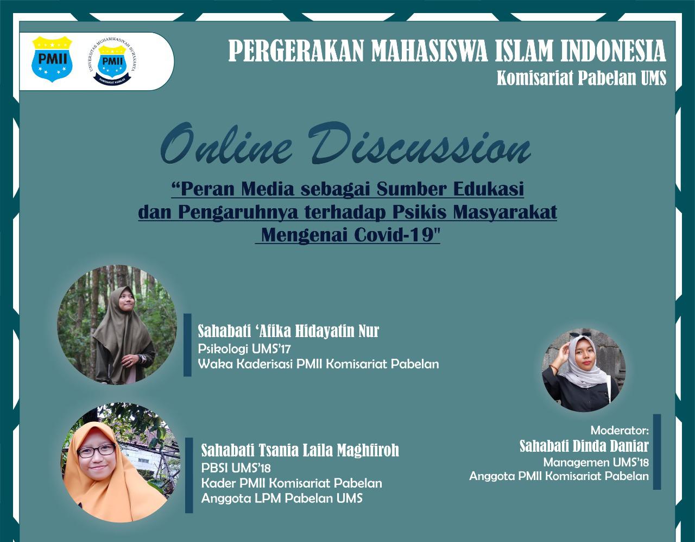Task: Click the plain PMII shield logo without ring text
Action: point(52,59)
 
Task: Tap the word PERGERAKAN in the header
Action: point(296,51)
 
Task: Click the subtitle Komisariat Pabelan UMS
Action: point(582,78)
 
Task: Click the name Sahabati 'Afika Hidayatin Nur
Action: point(288,331)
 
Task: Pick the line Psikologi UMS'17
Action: point(244,348)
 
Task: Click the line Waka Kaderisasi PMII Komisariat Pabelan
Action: point(318,364)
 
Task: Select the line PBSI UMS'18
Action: point(236,468)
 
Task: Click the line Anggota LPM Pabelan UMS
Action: point(282,499)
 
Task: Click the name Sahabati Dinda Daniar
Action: point(584,446)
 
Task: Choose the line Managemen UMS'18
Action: point(596,462)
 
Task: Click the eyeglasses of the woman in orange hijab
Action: point(96,451)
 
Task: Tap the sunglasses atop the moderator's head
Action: point(579,334)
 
